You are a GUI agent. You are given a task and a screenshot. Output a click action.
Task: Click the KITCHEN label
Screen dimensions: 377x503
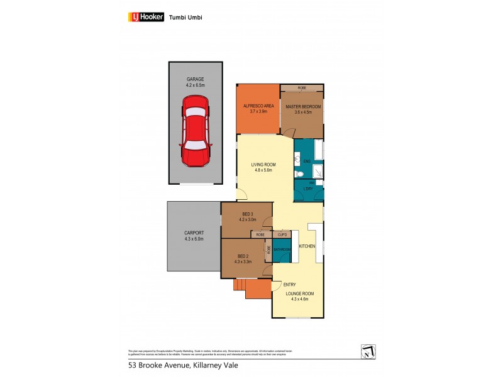click(307, 246)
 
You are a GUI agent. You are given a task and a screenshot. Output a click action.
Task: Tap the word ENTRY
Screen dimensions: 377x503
click(289, 284)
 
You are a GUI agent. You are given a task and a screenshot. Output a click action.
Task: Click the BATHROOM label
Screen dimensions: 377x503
click(282, 249)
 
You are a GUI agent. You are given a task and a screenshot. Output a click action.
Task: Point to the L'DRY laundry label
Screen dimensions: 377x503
click(308, 189)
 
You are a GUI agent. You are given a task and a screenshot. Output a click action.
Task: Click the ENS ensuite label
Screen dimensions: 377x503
click(307, 161)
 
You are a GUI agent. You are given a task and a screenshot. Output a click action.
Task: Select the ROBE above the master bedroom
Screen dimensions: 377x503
click(302, 87)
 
